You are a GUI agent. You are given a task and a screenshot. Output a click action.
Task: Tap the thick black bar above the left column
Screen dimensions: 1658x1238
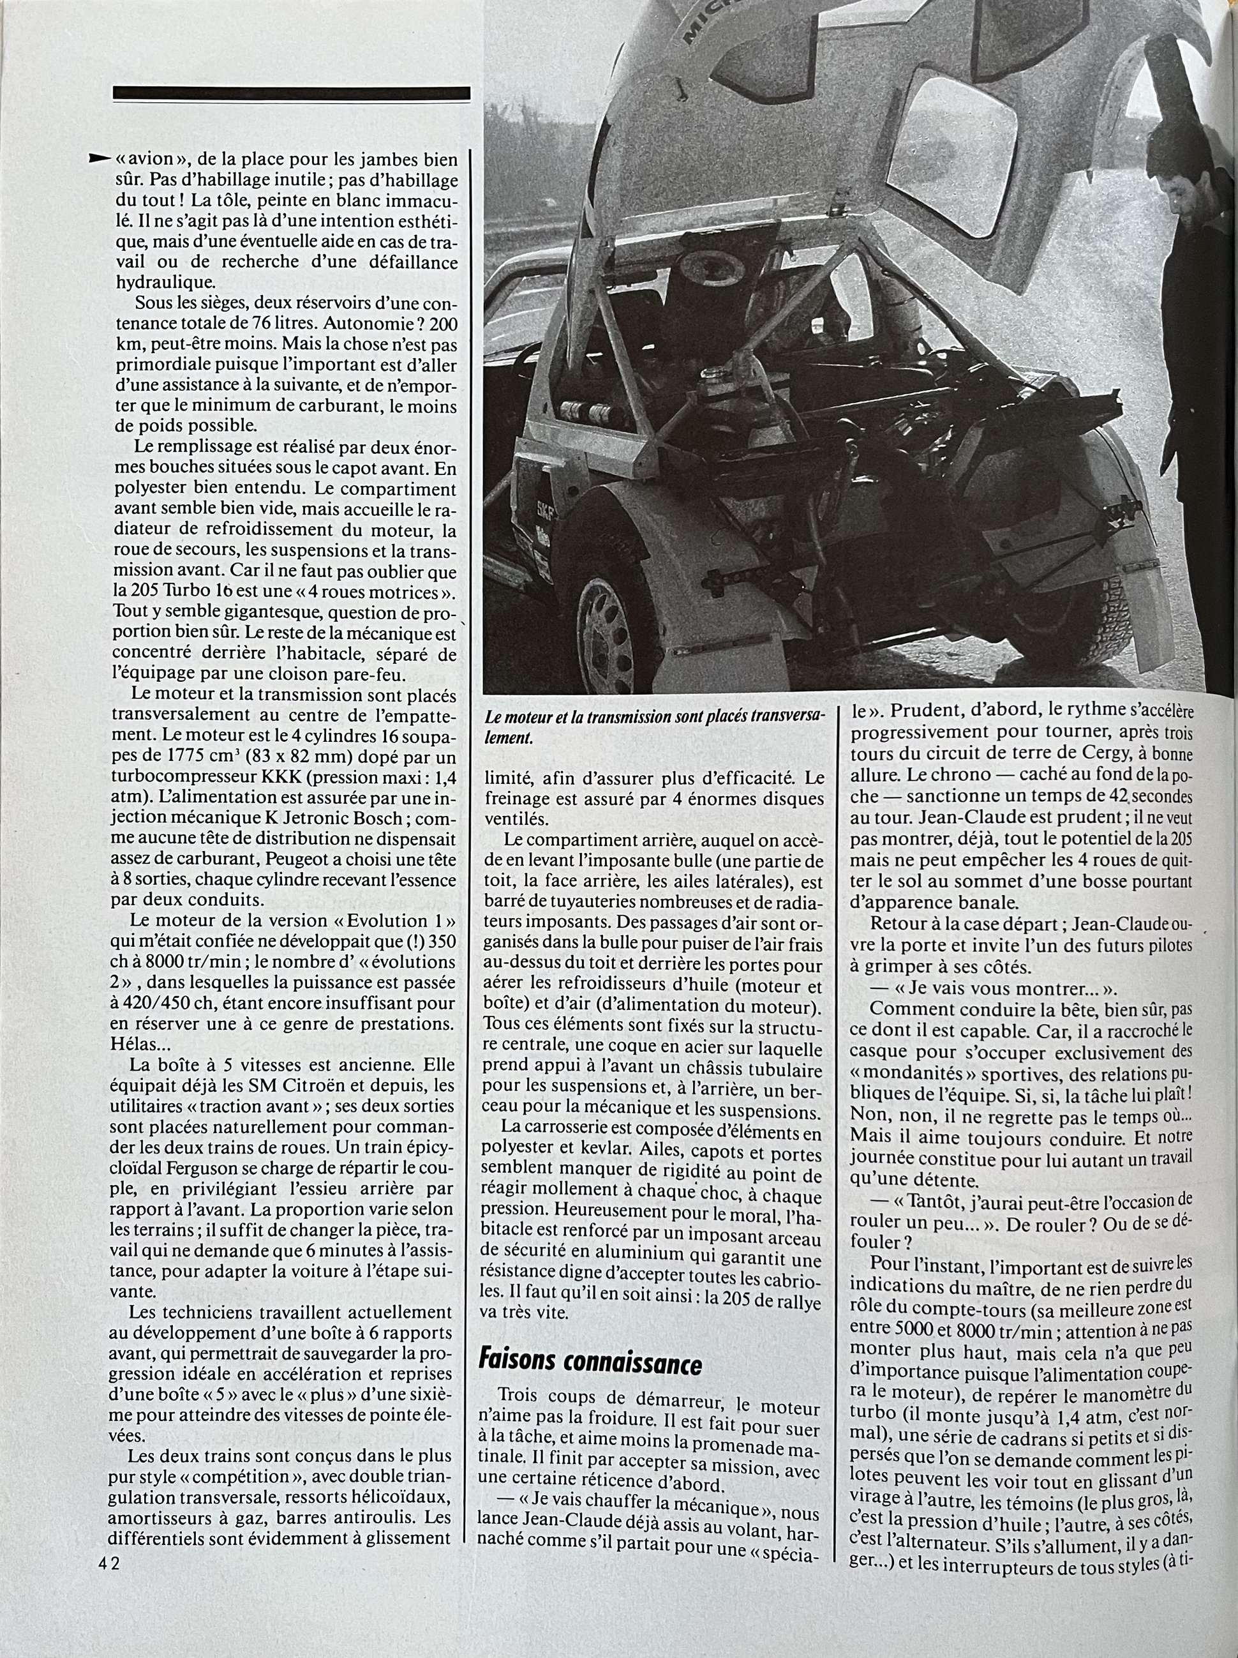[x=292, y=93]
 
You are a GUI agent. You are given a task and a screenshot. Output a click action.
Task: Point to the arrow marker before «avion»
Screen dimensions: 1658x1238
[x=98, y=158]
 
